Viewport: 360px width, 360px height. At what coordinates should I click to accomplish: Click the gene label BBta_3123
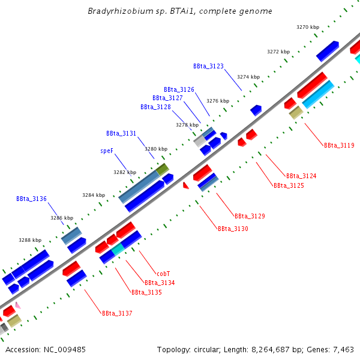[x=208, y=66]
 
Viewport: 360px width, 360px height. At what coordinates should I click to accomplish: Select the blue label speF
[x=107, y=151]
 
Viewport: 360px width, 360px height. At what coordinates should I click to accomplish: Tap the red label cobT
[x=163, y=273]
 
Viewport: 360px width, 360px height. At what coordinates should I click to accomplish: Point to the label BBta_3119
[x=339, y=145]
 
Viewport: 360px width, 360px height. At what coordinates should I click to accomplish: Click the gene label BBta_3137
[x=117, y=313]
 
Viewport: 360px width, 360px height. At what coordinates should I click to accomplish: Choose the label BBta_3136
[x=31, y=199]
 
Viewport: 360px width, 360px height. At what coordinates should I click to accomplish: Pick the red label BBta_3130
[x=233, y=229]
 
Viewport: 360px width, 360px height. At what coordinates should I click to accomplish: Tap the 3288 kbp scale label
[x=30, y=240]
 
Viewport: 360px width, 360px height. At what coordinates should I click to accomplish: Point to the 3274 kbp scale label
[x=248, y=77]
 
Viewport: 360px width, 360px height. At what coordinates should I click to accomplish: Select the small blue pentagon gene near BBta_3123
[x=256, y=110]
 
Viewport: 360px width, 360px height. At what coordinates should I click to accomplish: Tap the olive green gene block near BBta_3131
[x=163, y=169]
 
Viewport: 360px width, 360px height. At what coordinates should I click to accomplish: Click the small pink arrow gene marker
[x=18, y=305]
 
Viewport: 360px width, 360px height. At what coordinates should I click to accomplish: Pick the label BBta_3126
[x=179, y=89]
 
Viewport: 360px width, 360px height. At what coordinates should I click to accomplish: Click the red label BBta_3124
[x=301, y=176]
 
